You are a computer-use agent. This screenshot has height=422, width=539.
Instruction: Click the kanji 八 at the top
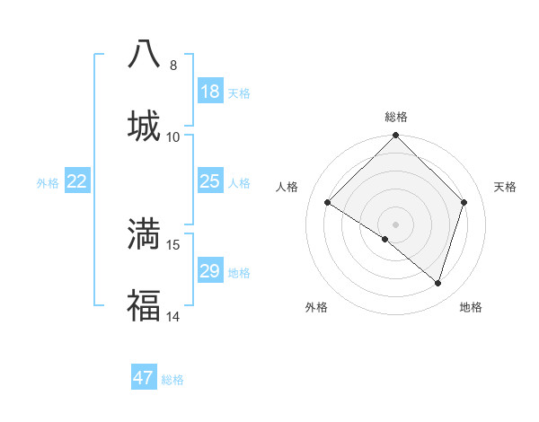pyautogui.click(x=144, y=55)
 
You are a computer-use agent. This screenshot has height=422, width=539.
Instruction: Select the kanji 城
pyautogui.click(x=144, y=126)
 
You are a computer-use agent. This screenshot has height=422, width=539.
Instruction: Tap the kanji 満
pyautogui.click(x=144, y=233)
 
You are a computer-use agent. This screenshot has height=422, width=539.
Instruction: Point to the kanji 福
pyautogui.click(x=144, y=306)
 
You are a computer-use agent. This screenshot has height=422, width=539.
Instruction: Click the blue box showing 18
pyautogui.click(x=210, y=92)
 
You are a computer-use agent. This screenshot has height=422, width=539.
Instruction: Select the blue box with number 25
pyautogui.click(x=210, y=182)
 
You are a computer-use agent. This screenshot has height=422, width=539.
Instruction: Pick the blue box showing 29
pyautogui.click(x=210, y=271)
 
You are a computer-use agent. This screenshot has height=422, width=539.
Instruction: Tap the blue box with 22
pyautogui.click(x=77, y=182)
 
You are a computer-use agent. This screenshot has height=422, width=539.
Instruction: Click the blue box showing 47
pyautogui.click(x=144, y=378)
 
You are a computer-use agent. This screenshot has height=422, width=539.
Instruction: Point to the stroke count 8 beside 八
pyautogui.click(x=173, y=66)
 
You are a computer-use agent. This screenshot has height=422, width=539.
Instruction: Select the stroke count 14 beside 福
pyautogui.click(x=173, y=316)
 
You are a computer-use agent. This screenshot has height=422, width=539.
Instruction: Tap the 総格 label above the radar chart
pyautogui.click(x=396, y=117)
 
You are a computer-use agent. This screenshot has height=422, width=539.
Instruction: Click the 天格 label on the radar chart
pyautogui.click(x=506, y=187)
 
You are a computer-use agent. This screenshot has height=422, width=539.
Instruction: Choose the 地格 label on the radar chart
pyautogui.click(x=471, y=307)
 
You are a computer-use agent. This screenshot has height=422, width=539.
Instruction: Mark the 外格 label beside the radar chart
pyautogui.click(x=316, y=307)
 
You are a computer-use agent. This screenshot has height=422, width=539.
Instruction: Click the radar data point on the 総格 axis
pyautogui.click(x=396, y=136)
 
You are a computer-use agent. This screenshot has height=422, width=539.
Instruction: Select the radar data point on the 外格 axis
pyautogui.click(x=385, y=239)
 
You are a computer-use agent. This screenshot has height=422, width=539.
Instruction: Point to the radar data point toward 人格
pyautogui.click(x=328, y=203)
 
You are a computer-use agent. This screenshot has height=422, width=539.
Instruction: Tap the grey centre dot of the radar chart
pyautogui.click(x=396, y=224)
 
